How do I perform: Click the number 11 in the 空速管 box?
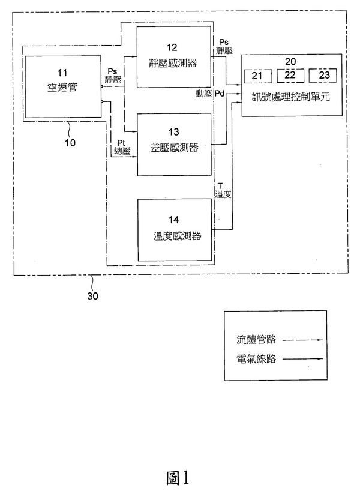point(62,74)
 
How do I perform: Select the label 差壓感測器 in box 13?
point(173,148)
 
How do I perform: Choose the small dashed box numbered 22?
point(290,76)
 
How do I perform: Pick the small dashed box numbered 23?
point(323,76)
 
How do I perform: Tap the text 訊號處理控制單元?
point(292,96)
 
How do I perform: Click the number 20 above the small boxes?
point(291,61)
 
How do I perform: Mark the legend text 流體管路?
point(256,340)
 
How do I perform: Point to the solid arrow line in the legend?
point(303,360)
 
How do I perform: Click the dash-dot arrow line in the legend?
point(303,340)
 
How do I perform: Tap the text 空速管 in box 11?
point(62,87)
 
